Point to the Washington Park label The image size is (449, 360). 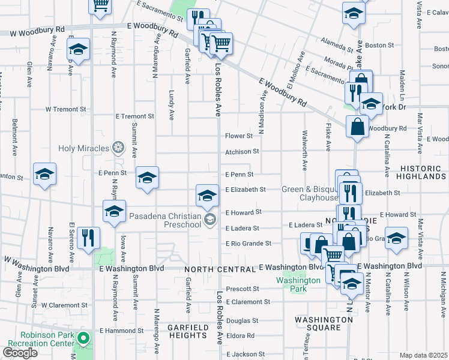click(298, 284)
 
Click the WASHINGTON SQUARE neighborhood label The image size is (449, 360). click(324, 324)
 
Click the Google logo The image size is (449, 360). click(20, 353)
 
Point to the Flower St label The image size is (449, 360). click(238, 136)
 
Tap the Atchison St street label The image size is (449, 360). click(242, 152)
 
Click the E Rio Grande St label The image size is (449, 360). click(249, 244)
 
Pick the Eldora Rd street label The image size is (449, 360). click(241, 336)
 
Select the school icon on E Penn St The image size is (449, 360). click(147, 178)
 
